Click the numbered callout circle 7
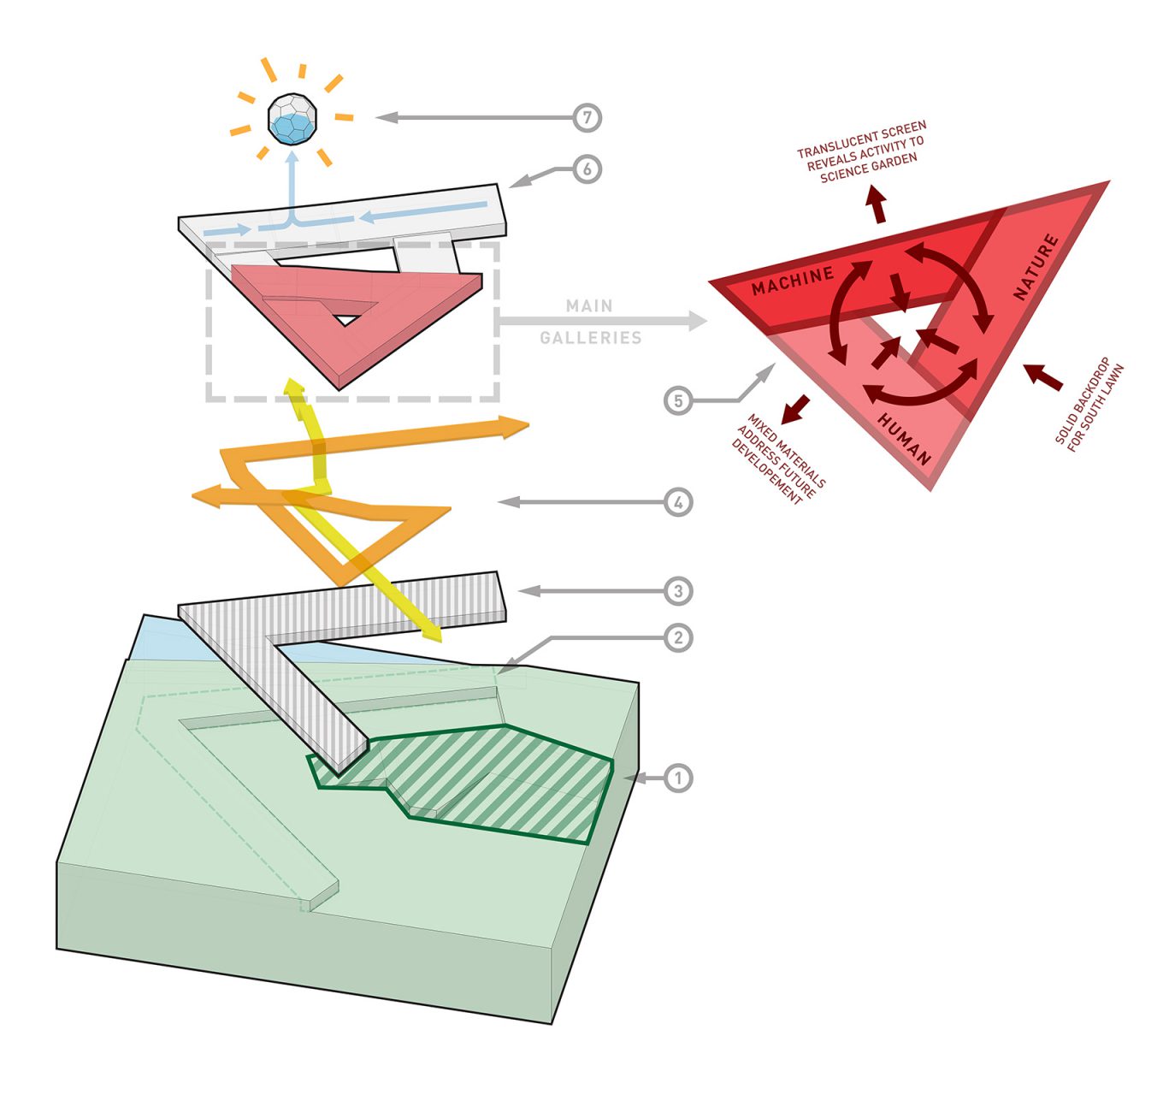587,117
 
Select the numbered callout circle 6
587,169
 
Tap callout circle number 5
678,400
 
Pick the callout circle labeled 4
678,502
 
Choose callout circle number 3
678,591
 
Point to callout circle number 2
678,637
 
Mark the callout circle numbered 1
678,778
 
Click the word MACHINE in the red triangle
792,281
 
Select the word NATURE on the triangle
1036,267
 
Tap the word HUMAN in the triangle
904,438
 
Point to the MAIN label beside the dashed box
589,306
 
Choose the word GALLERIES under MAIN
590,338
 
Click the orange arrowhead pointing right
516,425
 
